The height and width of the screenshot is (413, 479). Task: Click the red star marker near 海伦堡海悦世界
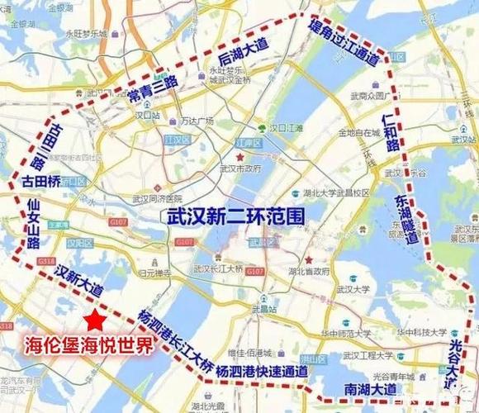click(x=97, y=318)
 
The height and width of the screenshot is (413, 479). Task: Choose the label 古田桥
click(x=40, y=178)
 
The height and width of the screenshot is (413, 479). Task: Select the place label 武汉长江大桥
click(x=218, y=268)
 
